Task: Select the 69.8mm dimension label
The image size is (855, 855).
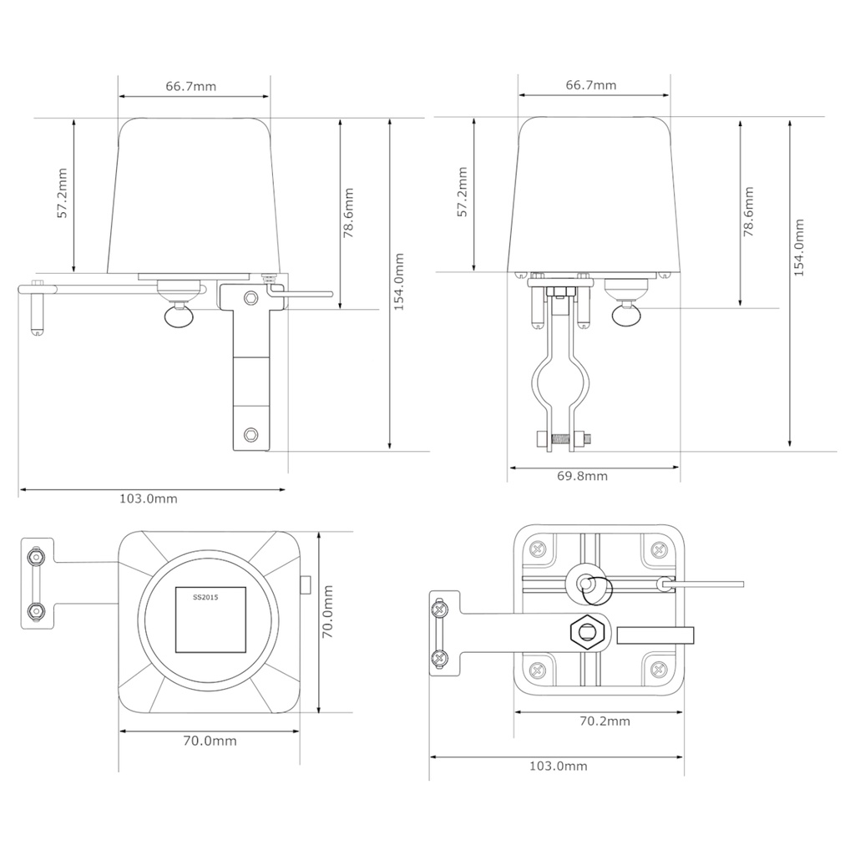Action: [x=582, y=476]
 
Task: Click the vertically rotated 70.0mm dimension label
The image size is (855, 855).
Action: [x=328, y=611]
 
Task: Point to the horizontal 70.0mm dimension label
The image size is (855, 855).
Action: [x=210, y=741]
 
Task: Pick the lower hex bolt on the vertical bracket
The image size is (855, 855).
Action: [x=251, y=434]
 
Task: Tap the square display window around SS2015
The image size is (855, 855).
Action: [x=210, y=620]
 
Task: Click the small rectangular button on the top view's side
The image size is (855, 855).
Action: [x=306, y=584]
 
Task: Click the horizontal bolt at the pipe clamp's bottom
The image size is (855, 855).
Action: [x=563, y=438]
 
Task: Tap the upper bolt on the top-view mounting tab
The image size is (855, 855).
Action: [x=35, y=556]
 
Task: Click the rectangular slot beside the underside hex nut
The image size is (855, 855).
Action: [x=655, y=635]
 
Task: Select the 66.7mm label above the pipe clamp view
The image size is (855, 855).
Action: [x=591, y=85]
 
